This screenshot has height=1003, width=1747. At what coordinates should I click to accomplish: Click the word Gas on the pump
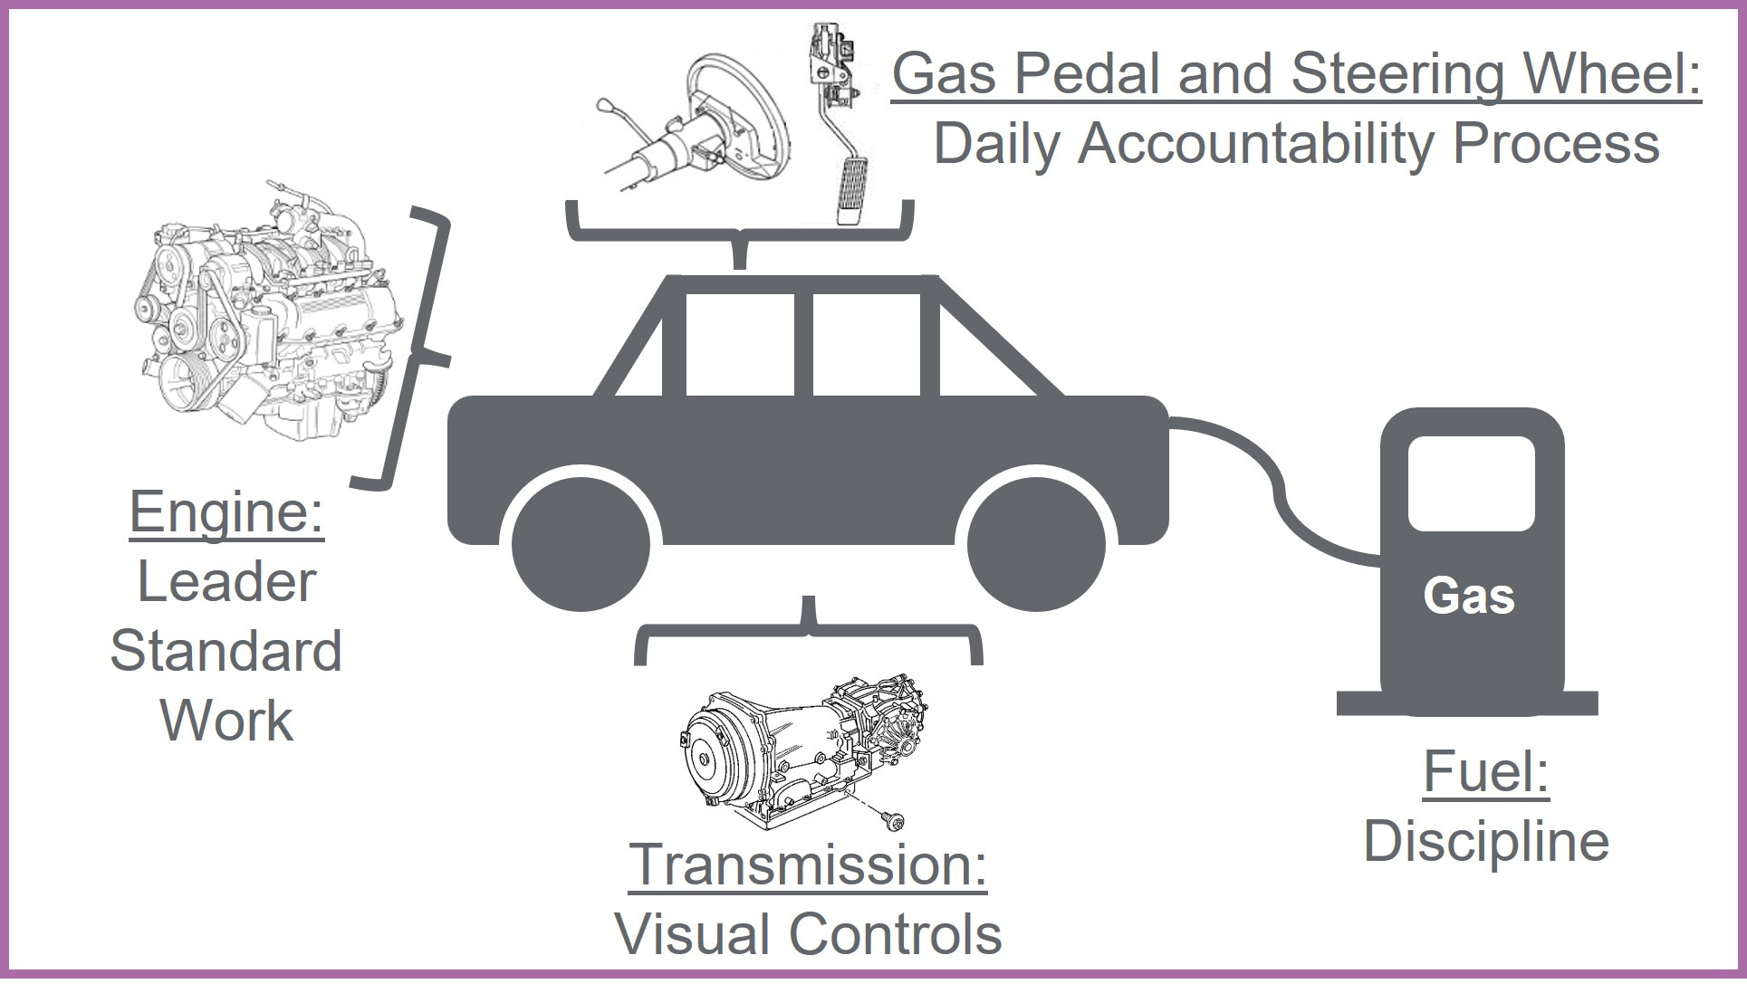(1468, 597)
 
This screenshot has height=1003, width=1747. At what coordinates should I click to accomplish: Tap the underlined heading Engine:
(226, 512)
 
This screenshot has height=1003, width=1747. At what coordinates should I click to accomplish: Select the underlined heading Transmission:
(808, 864)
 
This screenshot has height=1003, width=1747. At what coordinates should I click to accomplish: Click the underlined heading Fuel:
(1486, 772)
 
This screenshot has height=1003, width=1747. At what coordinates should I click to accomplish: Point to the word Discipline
(1486, 842)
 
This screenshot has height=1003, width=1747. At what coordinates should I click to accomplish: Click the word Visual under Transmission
(693, 934)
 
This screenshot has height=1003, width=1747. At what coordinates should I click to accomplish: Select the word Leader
(226, 582)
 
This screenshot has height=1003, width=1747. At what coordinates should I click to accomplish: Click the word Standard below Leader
(226, 652)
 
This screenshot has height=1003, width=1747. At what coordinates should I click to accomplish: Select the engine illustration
(267, 317)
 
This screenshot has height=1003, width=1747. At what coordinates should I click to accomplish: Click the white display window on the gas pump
(1471, 482)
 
